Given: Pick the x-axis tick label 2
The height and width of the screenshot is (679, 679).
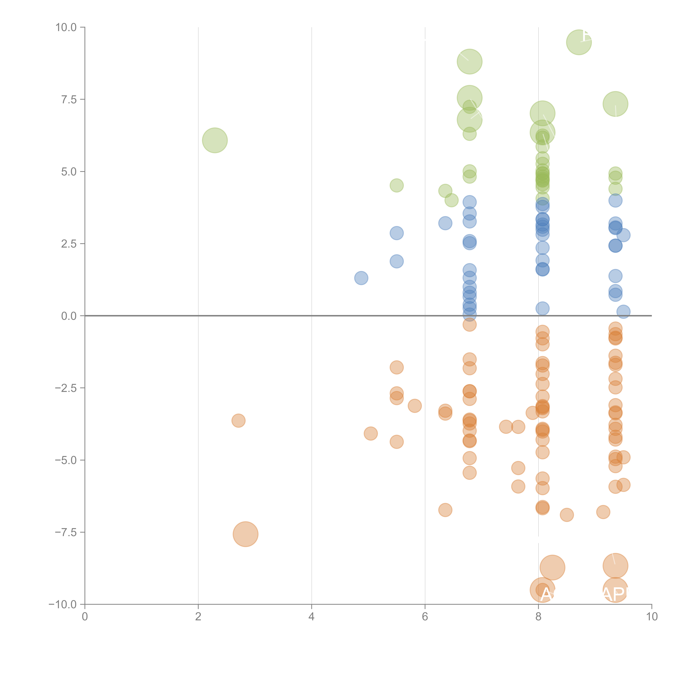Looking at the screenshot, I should point(198,617).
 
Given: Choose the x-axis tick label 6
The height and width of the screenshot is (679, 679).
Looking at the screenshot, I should point(425,617).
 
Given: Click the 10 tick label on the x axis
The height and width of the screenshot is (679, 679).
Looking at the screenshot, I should point(652,617).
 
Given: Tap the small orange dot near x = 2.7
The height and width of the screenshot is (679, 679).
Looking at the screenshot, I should point(238,421).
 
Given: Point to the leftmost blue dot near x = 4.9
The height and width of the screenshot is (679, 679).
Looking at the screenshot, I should point(361,278).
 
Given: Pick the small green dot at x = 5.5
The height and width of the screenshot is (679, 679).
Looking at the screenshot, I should point(396,185).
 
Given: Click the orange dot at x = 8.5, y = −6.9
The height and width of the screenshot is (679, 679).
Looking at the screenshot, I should point(567,515).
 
